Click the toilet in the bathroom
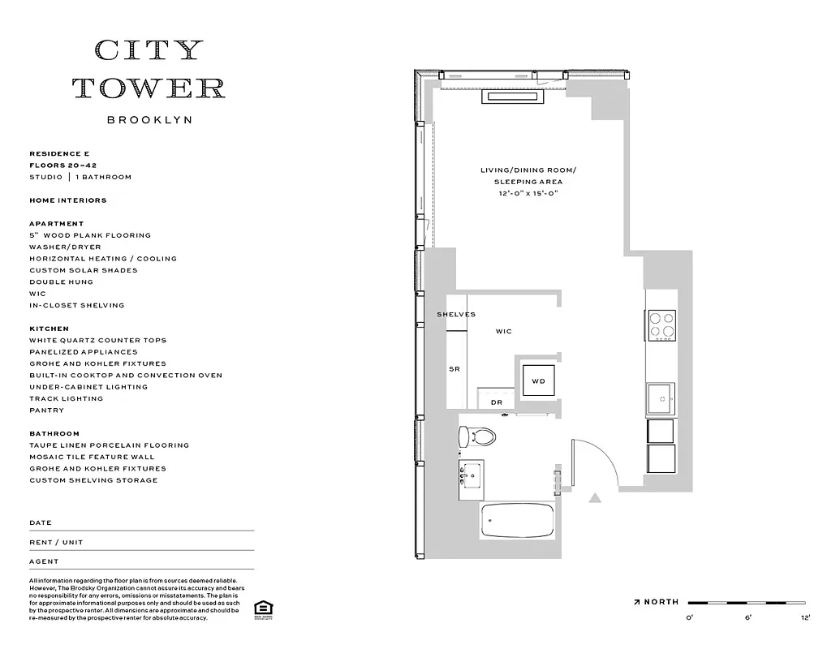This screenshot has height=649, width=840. click(478, 437)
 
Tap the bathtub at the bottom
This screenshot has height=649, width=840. click(517, 520)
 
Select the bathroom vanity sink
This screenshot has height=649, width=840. click(471, 479)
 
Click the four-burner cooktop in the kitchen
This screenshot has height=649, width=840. click(661, 324)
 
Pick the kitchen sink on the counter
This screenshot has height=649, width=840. click(661, 398)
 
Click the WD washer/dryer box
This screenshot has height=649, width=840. click(538, 380)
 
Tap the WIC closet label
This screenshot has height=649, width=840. click(504, 332)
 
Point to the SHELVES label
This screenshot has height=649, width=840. click(456, 315)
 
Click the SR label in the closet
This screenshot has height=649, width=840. click(454, 369)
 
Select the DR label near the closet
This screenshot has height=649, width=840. click(497, 402)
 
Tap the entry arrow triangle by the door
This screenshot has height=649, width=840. click(595, 498)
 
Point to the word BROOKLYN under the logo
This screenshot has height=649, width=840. click(149, 120)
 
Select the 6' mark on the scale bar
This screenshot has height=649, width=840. click(748, 618)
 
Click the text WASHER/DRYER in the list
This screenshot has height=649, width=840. click(65, 247)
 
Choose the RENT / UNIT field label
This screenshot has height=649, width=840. click(56, 542)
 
